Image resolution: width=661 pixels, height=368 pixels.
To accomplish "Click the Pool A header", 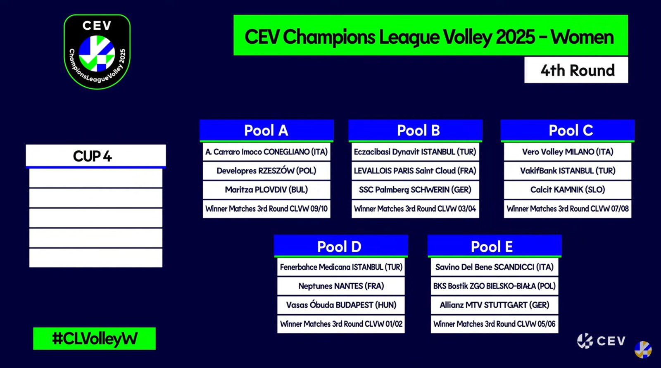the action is pos(266,130).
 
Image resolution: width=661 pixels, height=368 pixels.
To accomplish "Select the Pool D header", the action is pos(341,246).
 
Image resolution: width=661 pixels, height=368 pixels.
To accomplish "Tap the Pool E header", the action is pos(494,246).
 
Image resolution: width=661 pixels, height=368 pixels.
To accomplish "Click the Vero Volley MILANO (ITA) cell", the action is pos(568,152).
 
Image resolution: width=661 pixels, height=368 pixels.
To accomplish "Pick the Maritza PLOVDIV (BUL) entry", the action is pos(266,190).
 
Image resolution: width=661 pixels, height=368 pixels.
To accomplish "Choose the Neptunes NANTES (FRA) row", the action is pos(341,286).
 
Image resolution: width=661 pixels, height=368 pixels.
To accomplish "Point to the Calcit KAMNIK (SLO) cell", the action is pos(568,190).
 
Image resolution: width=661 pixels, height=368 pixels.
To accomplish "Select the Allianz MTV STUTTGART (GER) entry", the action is pos(494,305).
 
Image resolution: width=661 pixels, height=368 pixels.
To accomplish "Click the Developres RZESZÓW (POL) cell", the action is pos(266,171).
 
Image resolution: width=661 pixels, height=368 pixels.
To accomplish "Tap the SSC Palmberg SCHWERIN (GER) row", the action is pos(415,190).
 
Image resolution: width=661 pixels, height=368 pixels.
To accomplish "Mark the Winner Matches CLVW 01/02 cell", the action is pos(341,324).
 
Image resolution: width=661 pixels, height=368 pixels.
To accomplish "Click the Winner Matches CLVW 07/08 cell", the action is pos(568,209).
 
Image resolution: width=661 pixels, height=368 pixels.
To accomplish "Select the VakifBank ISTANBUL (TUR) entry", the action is pos(568,171).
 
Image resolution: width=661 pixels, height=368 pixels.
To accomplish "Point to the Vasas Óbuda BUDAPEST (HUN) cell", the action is pos(341,305).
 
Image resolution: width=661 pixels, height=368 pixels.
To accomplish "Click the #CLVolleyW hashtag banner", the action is pos(95,339).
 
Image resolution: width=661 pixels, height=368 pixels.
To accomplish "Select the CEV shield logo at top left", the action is pos(97,52).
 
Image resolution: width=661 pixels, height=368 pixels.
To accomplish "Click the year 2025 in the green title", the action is pos(515,37).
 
